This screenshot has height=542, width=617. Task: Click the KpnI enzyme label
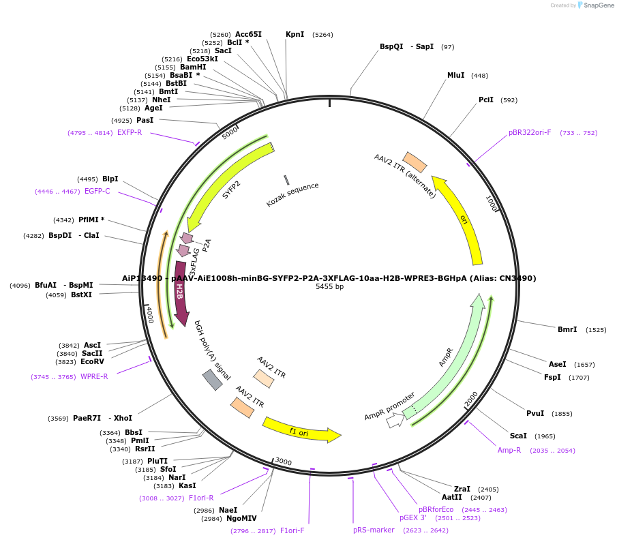[295, 34]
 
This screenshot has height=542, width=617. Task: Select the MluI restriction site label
[455, 75]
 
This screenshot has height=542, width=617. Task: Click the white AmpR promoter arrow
[395, 421]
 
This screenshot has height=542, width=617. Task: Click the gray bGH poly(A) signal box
[213, 380]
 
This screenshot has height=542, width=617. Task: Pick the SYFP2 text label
[231, 189]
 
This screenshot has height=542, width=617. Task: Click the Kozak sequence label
[292, 194]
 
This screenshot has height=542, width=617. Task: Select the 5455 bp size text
[329, 287]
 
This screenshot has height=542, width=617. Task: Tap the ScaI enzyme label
[518, 436]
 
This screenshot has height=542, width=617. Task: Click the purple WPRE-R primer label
[94, 376]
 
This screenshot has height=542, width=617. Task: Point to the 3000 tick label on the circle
[284, 462]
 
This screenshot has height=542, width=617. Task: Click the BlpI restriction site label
[110, 179]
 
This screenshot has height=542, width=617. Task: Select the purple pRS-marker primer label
[374, 530]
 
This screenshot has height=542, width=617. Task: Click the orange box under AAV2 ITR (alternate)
[415, 162]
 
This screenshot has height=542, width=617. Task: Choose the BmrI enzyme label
[567, 329]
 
